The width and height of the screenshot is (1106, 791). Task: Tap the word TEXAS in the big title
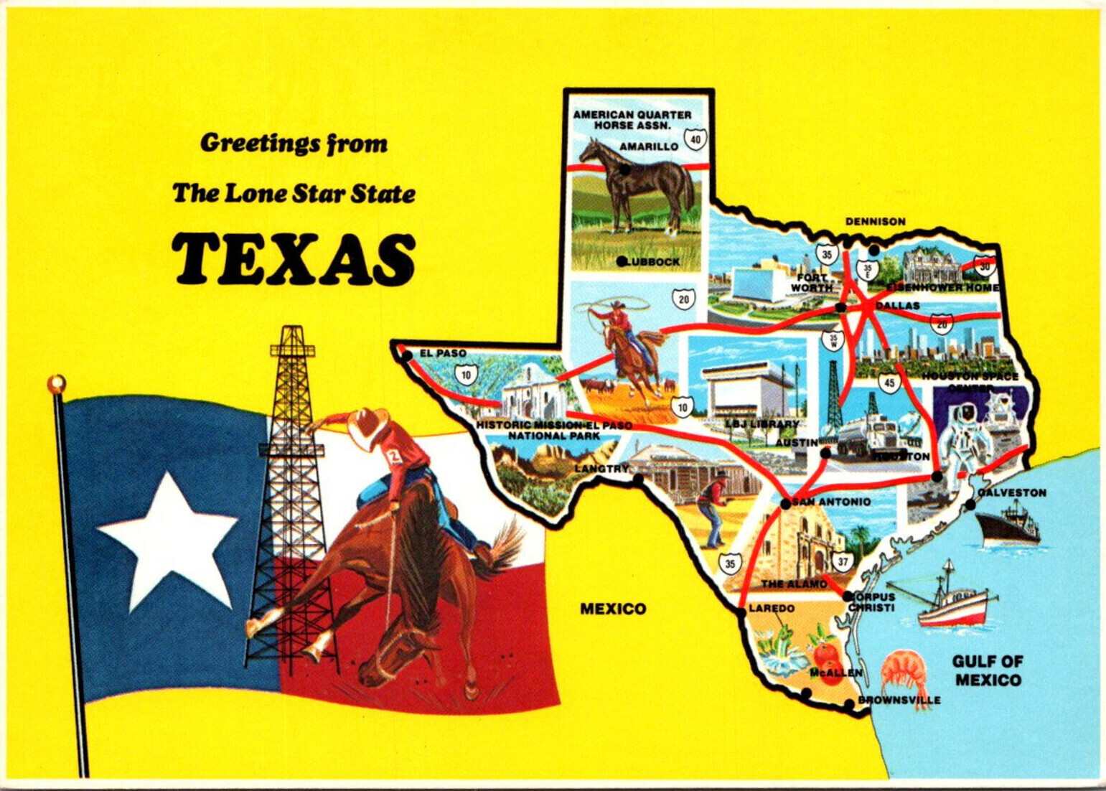(x=294, y=259)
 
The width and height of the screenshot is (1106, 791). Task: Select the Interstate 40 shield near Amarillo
(x=694, y=139)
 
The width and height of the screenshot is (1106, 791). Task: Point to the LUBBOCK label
(x=652, y=262)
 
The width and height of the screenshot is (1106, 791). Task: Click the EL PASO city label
(x=443, y=353)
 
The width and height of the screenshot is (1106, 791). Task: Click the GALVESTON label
(x=1011, y=493)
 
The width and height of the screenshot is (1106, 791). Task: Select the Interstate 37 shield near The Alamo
(x=843, y=561)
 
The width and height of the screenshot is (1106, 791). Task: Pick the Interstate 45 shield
(x=889, y=383)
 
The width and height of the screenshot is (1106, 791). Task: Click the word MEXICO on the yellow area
(x=613, y=609)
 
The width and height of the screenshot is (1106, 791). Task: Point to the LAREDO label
(x=771, y=609)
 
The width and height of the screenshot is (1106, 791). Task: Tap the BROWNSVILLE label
(x=899, y=700)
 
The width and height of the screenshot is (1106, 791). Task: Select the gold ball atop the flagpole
(x=56, y=384)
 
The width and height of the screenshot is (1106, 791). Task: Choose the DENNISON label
(x=875, y=222)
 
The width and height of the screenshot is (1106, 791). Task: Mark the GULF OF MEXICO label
(x=988, y=670)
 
